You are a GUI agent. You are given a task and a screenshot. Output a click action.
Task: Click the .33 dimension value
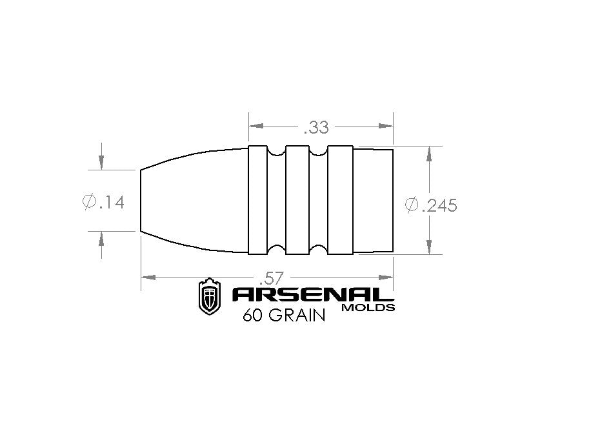[x=316, y=127]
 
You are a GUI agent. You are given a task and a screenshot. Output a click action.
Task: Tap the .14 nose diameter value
[x=112, y=203]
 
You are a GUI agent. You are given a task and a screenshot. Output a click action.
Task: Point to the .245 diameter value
[x=439, y=205]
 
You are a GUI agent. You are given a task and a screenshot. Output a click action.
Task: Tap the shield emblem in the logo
[x=208, y=297]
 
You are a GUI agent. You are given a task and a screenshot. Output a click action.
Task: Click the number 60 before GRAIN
[x=251, y=317]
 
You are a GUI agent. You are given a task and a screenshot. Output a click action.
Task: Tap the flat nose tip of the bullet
[x=141, y=200]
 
